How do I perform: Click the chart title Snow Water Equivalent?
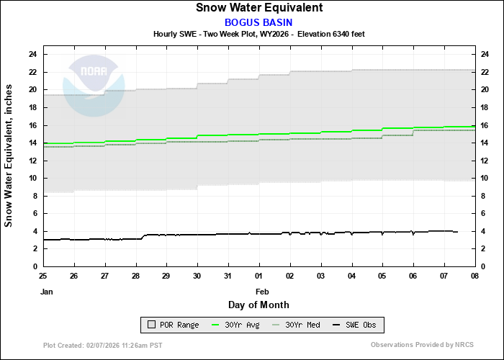pos(259,8)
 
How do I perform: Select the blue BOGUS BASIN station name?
pos(259,22)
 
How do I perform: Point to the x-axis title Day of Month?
pos(259,305)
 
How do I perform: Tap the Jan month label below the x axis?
pos(47,292)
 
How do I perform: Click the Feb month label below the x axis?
pos(262,292)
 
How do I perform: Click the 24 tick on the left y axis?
pos(33,54)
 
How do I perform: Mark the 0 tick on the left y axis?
pos(35,266)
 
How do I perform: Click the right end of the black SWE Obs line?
pos(457,232)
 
